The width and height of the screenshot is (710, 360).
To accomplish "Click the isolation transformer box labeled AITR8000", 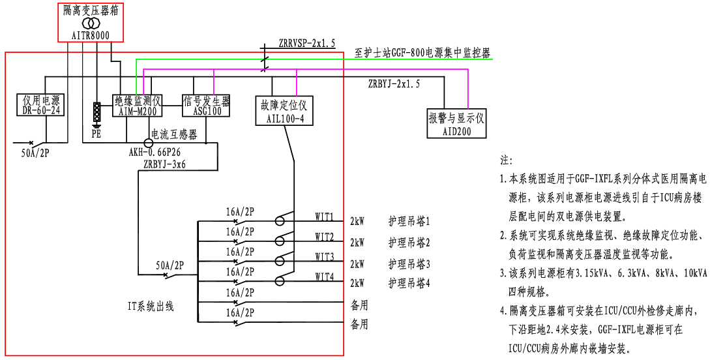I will click(91, 22).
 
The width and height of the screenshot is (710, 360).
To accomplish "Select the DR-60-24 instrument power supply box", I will click(41, 106).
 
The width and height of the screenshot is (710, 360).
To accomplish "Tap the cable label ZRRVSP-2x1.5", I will click(306, 44).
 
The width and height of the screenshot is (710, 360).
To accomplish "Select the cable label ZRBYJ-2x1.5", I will click(394, 84).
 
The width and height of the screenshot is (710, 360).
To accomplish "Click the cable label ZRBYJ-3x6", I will click(166, 164).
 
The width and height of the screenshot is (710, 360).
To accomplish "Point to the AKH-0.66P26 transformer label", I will click(156, 153).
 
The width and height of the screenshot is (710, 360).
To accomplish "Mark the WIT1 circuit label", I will click(324, 216).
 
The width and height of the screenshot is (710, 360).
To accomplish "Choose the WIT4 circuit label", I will click(324, 277).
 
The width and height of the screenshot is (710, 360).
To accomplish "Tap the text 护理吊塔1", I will click(409, 222).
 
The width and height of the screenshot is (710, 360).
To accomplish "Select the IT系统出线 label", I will click(151, 305).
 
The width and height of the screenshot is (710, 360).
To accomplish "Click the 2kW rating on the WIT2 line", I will click(357, 243).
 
